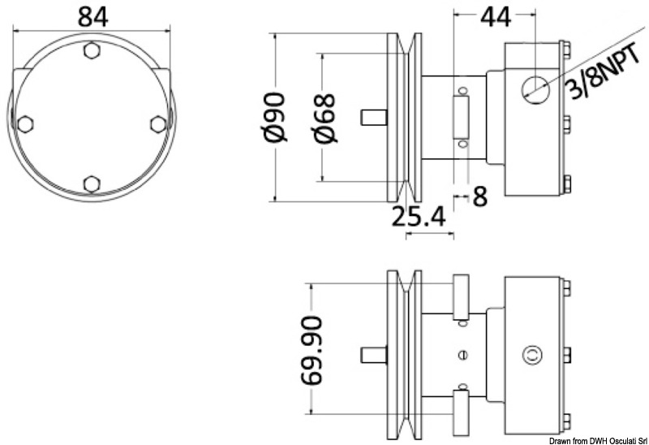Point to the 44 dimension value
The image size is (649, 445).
point(492,16)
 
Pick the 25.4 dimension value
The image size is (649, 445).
point(419,217)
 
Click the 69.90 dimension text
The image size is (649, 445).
point(313,350)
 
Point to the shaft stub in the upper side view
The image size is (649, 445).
point(373,117)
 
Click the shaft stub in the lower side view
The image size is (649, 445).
point(373,354)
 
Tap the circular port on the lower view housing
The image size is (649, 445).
point(531,354)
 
